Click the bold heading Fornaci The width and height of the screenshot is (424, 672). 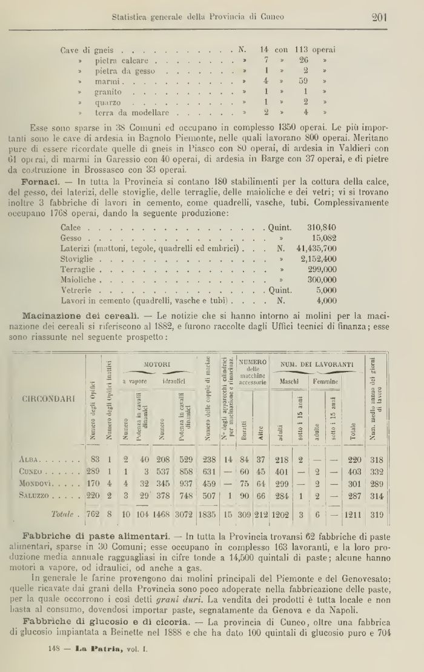click(x=39, y=182)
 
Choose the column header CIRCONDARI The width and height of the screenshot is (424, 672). click(x=49, y=399)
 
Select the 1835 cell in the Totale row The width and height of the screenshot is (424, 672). click(x=209, y=514)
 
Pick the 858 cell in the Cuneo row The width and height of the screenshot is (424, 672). click(x=185, y=473)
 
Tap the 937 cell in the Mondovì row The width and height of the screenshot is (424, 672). click(x=185, y=486)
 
